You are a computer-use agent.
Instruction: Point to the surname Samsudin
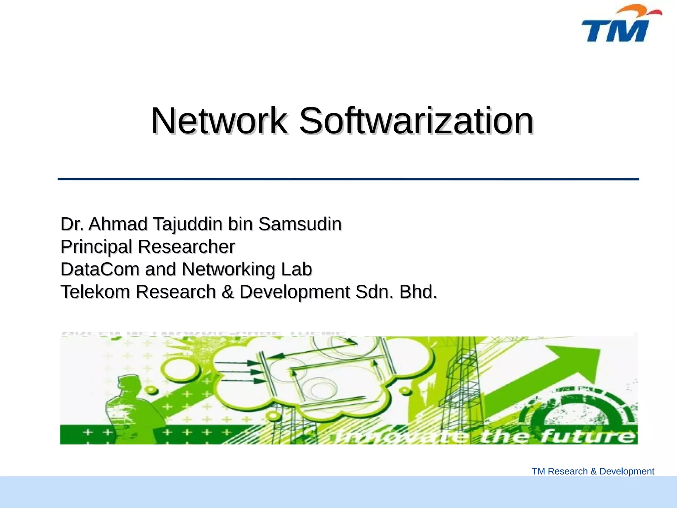pyautogui.click(x=300, y=224)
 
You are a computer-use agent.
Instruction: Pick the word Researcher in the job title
pyautogui.click(x=186, y=247)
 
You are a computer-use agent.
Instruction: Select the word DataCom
pyautogui.click(x=100, y=269)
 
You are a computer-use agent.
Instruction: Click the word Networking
pyautogui.click(x=228, y=270)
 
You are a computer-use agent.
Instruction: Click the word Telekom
pyautogui.click(x=95, y=292)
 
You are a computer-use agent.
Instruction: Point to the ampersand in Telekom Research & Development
pyautogui.click(x=227, y=292)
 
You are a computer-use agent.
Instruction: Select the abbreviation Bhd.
pyautogui.click(x=418, y=292)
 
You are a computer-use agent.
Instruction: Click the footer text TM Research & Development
pyautogui.click(x=593, y=471)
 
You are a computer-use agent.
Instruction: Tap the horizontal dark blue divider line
pyautogui.click(x=348, y=179)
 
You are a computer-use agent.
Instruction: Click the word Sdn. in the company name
pyautogui.click(x=375, y=292)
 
